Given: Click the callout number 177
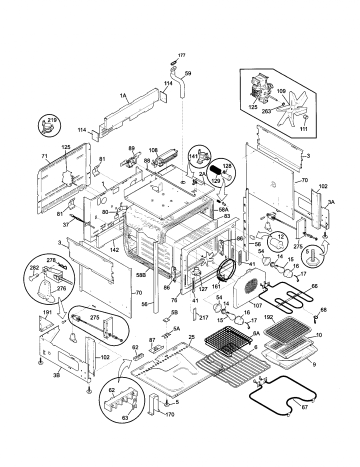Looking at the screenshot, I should click(x=181, y=55).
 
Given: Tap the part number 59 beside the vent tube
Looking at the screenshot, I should click(x=188, y=73).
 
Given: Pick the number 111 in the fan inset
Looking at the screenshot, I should click(x=303, y=128).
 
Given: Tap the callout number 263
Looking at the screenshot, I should click(x=266, y=111).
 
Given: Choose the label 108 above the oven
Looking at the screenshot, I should click(x=153, y=150).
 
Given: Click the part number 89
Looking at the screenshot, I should click(x=131, y=148).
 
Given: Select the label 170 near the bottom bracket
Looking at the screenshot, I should click(x=170, y=414).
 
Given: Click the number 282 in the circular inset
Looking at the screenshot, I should click(x=34, y=268).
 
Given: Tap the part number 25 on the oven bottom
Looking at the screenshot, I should click(x=191, y=337).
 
